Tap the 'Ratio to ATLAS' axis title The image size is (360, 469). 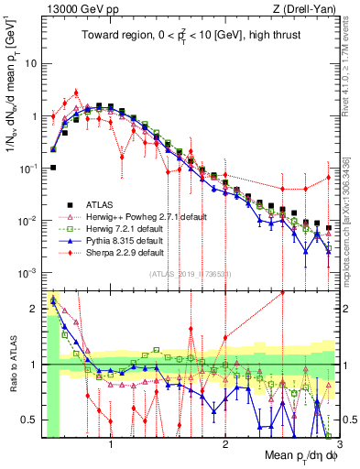[x=12, y=365]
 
